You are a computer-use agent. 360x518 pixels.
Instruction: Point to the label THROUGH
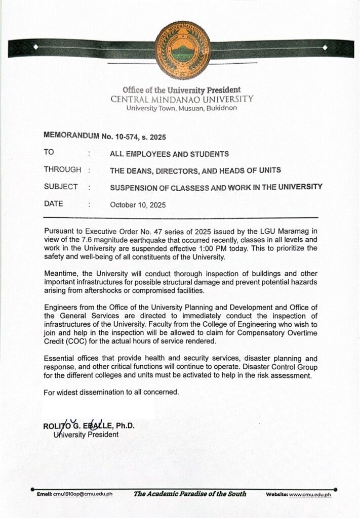click(63, 170)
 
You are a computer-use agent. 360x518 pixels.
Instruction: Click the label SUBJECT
click(61, 187)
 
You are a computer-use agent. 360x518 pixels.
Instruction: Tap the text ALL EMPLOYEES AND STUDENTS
click(170, 154)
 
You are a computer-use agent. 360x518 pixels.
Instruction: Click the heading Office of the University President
click(181, 90)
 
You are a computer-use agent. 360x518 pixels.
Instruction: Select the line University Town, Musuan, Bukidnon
click(181, 108)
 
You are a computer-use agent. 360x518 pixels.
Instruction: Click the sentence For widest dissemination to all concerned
click(110, 392)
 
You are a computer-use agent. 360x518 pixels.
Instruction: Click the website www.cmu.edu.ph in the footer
click(310, 494)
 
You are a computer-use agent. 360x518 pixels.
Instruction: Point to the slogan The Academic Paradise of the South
click(190, 494)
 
